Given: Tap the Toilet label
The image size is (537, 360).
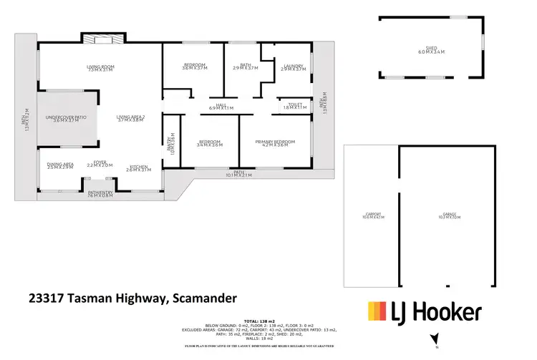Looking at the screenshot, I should (294, 106).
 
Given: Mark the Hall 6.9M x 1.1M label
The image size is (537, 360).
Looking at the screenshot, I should (221, 107).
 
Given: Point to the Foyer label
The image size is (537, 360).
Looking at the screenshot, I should (100, 164).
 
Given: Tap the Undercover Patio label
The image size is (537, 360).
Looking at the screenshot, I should (65, 118).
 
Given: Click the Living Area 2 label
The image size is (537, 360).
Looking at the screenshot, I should (131, 118).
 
